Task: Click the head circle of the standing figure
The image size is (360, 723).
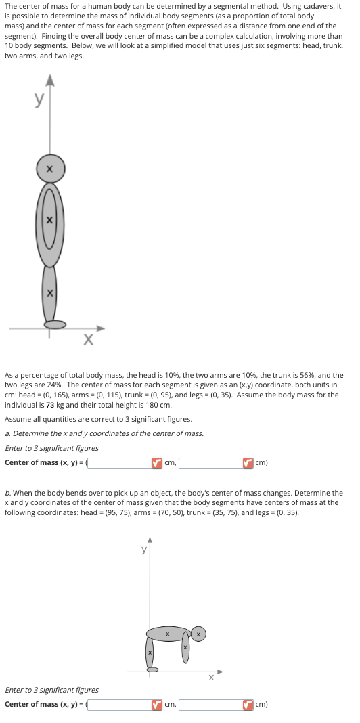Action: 50,168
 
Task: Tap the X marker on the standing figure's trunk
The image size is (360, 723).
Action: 49,220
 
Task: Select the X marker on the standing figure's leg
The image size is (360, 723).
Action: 49,292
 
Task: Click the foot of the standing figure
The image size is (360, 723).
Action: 56,324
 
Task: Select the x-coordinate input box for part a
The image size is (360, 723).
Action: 122,463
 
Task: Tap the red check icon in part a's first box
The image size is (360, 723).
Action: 156,463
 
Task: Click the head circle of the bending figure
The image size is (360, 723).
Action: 198,634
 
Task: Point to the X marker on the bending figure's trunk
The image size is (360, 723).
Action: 167,634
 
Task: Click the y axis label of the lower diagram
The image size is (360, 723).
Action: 143,550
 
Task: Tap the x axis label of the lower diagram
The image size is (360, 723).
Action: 211,676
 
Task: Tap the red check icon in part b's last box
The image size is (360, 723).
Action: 248,704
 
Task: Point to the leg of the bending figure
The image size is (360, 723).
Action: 150,653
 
